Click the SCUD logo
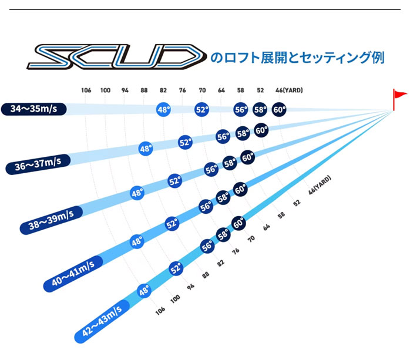pos(114,58)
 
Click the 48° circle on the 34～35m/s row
pos(163,109)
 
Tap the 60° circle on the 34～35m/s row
pos(279,109)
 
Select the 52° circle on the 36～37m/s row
pos(185,142)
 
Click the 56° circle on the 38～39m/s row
pos(211,169)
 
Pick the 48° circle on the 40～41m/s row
pos(137,241)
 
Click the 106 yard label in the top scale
pos(86,90)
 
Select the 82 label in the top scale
pos(163,90)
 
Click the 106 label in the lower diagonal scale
pos(160,309)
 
